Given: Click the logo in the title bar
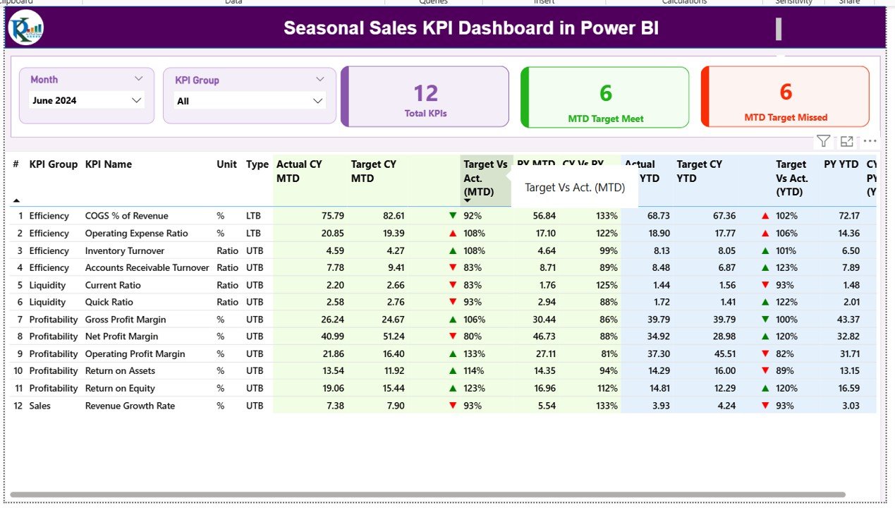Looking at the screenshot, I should coord(25,28).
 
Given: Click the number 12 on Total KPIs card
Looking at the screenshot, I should coord(425,93).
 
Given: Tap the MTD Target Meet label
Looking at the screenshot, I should coord(605,119).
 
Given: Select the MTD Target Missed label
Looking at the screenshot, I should coord(785,118).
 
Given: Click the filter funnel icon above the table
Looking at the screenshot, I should coord(823,141).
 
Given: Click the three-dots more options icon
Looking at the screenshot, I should coord(870,141).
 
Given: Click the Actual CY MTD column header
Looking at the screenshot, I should coord(299,171).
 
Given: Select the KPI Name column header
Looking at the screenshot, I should coord(109,164).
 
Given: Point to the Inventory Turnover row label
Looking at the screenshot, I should coord(125,250).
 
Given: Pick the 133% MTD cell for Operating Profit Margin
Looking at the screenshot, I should coord(473,353).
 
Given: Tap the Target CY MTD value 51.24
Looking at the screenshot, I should coord(392,337).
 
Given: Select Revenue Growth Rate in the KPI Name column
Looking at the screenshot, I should coord(130,406).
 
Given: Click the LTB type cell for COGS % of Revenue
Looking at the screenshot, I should coord(254,216).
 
